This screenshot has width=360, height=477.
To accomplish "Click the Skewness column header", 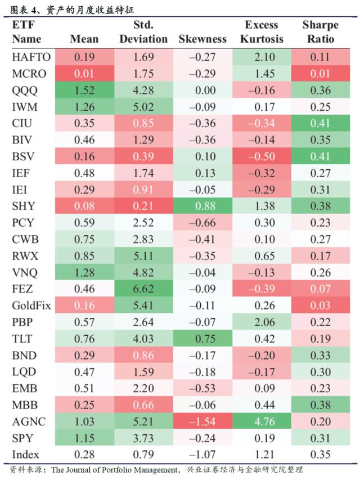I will coord(202,39).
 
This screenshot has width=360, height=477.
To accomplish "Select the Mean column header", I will coord(84,39).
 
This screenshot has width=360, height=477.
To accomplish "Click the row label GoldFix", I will coord(30,307).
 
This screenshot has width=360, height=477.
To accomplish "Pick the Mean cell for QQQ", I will coord(84,91).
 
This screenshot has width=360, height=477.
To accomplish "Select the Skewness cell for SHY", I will coord(202,205).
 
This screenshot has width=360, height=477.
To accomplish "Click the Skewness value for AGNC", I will coord(202,421).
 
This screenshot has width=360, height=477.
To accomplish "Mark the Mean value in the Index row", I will coord(84,454).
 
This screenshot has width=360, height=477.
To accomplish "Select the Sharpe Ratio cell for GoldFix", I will coord(320,307).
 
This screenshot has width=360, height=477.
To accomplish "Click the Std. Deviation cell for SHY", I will coord(143,205).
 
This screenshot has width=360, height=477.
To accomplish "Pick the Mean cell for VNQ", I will coord(84,274).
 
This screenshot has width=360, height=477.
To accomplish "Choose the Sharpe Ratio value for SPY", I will coord(320,437).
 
